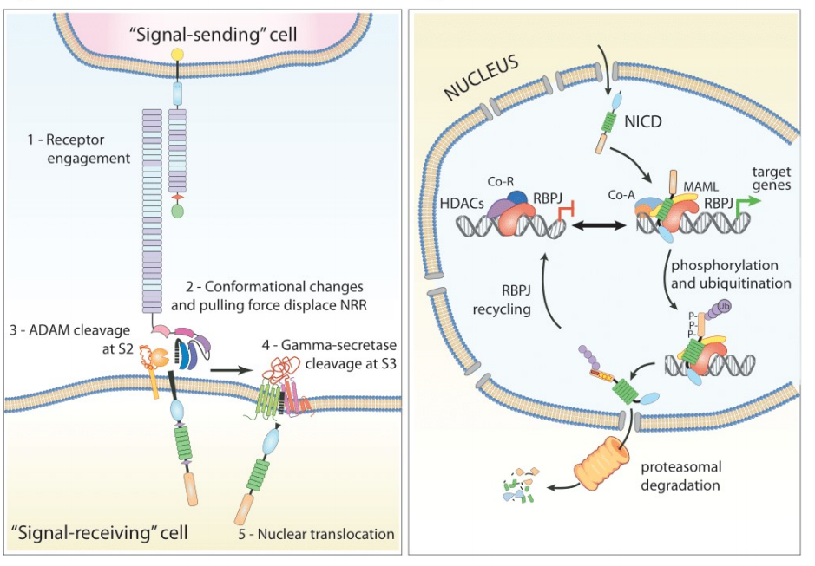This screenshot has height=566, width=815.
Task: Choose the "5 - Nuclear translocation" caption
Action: click(316, 534)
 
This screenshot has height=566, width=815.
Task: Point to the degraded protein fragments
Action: click(517, 489)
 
